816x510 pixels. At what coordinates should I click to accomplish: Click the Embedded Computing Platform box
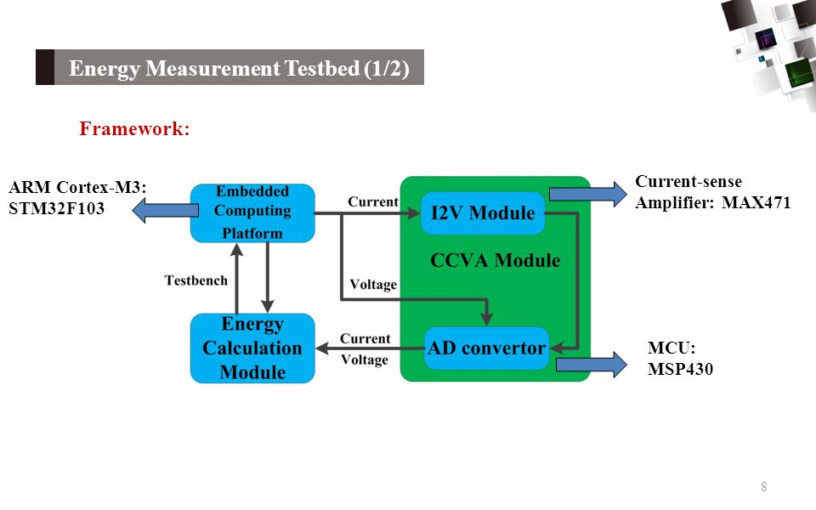pyautogui.click(x=252, y=212)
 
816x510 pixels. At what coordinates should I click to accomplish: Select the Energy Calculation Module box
pyautogui.click(x=252, y=348)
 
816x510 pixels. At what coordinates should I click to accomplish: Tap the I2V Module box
pyautogui.click(x=483, y=212)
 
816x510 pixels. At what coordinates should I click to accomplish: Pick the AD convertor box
pyautogui.click(x=486, y=348)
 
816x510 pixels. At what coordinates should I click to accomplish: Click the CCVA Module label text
pyautogui.click(x=495, y=260)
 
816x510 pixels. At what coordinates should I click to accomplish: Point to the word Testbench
pyautogui.click(x=196, y=280)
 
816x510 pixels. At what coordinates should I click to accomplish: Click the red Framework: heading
pyautogui.click(x=134, y=128)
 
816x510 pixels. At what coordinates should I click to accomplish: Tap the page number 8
pyautogui.click(x=764, y=486)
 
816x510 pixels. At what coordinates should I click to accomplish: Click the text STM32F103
pyautogui.click(x=57, y=208)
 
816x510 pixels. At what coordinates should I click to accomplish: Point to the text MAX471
pyautogui.click(x=756, y=202)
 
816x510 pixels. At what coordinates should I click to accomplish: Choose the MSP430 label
pyautogui.click(x=680, y=369)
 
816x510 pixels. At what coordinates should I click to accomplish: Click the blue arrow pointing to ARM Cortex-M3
pyautogui.click(x=165, y=210)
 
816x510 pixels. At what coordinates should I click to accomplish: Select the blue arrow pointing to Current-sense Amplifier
pyautogui.click(x=588, y=194)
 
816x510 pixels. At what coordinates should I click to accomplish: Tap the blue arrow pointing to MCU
pyautogui.click(x=592, y=365)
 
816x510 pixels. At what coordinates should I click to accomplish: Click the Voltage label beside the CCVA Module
pyautogui.click(x=373, y=284)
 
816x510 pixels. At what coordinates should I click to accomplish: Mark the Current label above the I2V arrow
pyautogui.click(x=373, y=202)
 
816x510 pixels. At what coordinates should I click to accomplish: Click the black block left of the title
pyautogui.click(x=45, y=67)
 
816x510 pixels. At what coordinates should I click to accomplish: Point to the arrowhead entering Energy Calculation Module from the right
pyautogui.click(x=322, y=348)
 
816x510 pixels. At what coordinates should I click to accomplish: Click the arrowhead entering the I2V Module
pyautogui.click(x=414, y=212)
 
